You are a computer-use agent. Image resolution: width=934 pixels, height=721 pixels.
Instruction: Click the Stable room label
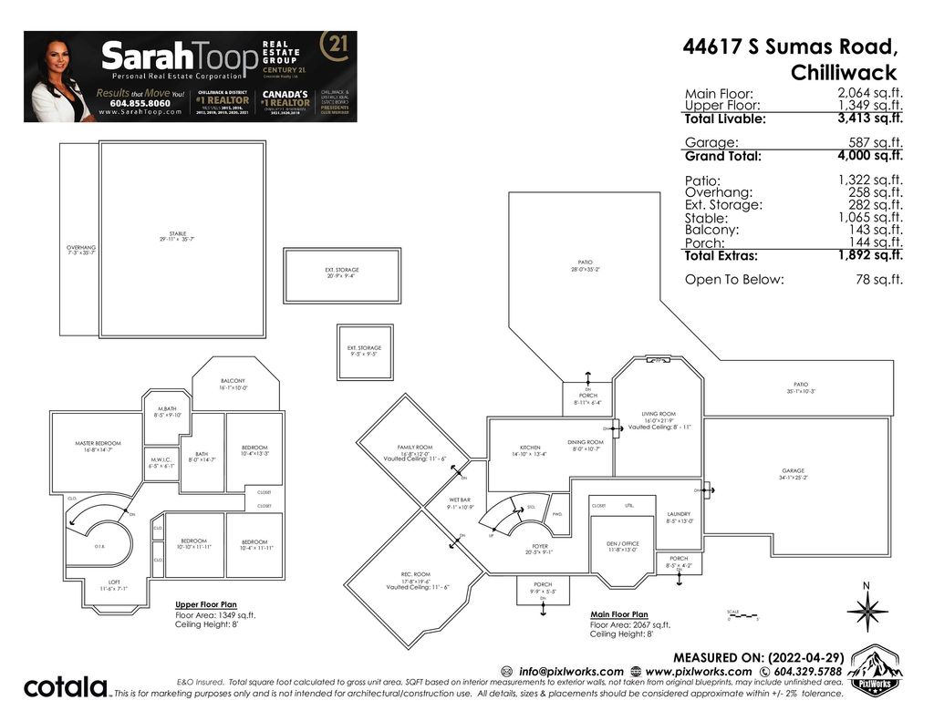(177, 234)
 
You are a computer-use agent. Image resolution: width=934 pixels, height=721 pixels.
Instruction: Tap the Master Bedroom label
(97, 444)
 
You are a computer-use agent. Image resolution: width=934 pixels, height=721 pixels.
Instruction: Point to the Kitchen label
(530, 448)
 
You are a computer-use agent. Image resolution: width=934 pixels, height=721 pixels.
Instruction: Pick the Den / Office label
(623, 544)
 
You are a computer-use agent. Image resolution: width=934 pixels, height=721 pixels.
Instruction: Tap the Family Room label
(414, 448)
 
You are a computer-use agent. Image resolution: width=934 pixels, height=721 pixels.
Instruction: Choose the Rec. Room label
(415, 574)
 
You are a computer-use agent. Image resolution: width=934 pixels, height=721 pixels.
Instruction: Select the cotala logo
(65, 686)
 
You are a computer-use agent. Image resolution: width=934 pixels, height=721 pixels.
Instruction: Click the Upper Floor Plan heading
(206, 604)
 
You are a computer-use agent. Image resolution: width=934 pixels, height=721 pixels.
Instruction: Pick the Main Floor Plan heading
(619, 614)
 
